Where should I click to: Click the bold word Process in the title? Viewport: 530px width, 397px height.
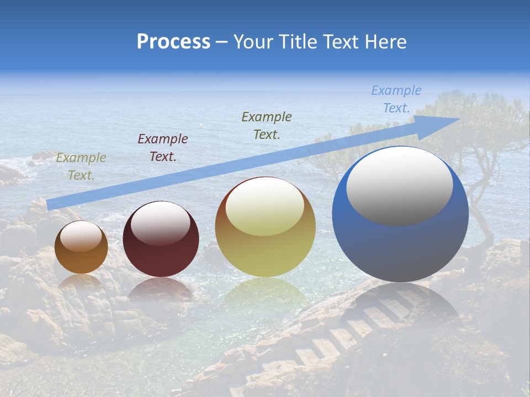tap(173, 41)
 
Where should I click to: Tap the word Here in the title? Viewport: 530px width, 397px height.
tap(385, 41)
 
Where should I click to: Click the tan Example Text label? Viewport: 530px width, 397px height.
tap(81, 167)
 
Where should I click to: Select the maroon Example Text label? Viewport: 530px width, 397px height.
tap(163, 148)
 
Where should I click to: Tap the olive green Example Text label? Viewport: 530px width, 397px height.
tap(267, 125)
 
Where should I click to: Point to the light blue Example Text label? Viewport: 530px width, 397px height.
tap(396, 99)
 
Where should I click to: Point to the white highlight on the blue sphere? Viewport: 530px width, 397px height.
tap(399, 186)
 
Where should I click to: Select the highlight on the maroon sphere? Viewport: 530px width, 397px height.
tap(161, 223)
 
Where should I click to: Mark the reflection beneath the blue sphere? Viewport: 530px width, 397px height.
tap(400, 303)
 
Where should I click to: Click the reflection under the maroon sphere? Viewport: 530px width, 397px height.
tap(161, 289)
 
